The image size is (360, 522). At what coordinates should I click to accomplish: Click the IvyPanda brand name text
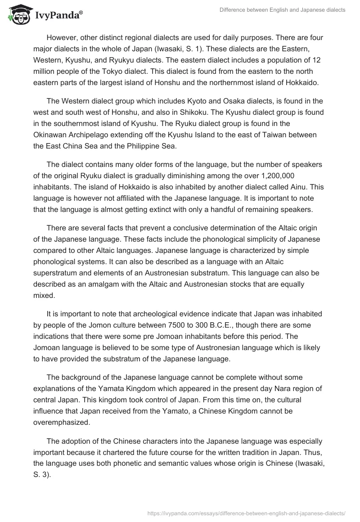point(58,15)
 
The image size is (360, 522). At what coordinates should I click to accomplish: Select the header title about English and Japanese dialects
point(282,10)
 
